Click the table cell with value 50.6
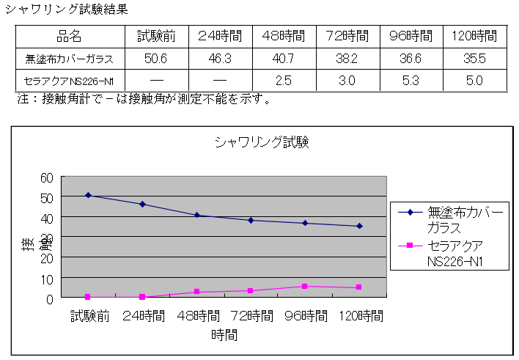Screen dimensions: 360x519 (x=156, y=59)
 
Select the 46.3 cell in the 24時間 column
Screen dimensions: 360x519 (x=219, y=59)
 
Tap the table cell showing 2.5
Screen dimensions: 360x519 (x=284, y=80)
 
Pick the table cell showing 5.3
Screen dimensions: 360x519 (x=411, y=80)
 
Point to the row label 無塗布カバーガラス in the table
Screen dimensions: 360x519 (x=69, y=59)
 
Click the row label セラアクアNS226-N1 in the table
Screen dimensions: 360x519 (x=69, y=80)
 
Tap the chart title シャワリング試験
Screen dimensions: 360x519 (x=262, y=142)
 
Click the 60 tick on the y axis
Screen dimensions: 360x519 (x=47, y=177)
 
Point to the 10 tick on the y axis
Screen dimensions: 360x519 (x=47, y=279)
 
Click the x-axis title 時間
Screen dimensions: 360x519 (x=224, y=336)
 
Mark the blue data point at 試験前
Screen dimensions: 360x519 (x=87, y=195)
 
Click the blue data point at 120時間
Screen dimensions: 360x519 (x=359, y=226)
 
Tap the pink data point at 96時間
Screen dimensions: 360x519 (x=305, y=286)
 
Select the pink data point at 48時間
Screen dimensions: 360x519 (x=196, y=292)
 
